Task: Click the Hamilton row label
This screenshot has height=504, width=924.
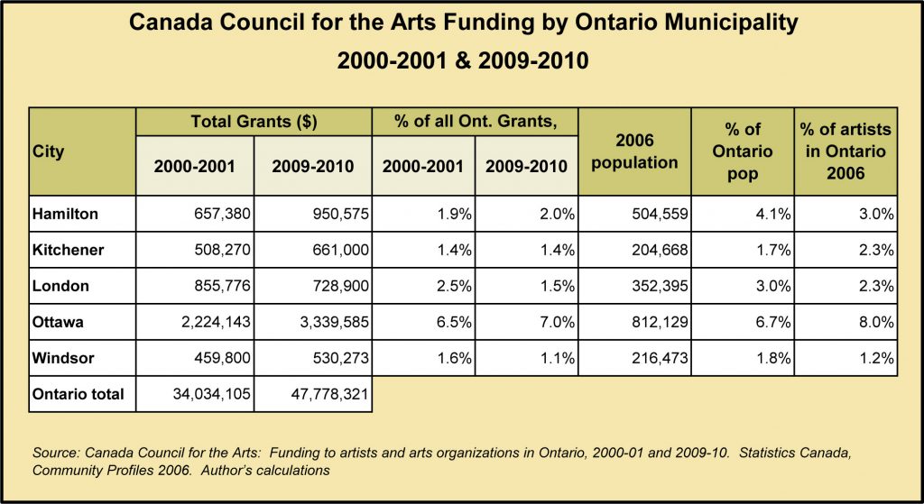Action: [65, 214]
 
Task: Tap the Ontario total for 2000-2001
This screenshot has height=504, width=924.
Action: [212, 395]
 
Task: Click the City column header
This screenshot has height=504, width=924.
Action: [49, 151]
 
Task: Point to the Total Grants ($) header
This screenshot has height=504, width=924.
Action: [254, 122]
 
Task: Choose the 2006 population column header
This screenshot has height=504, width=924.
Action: [634, 151]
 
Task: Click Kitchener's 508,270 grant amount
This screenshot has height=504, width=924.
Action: [222, 251]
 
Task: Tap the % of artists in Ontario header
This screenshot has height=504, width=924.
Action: [845, 151]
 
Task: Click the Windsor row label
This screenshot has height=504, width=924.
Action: [64, 358]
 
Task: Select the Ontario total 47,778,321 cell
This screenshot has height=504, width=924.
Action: [330, 395]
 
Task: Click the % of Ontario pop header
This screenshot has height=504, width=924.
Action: [743, 151]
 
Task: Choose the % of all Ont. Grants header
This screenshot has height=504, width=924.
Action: [475, 122]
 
